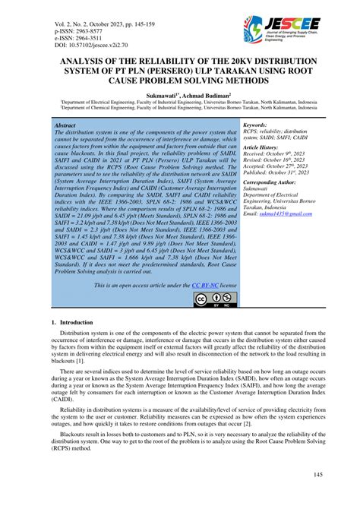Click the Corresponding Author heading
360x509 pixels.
(274, 183)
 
